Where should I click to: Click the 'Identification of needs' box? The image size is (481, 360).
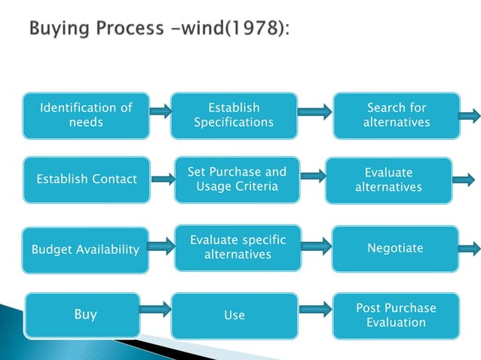tap(85, 115)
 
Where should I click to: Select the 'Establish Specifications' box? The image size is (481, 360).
tap(234, 115)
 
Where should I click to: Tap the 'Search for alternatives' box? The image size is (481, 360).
tap(397, 115)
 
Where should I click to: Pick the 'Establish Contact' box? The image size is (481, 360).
tap(87, 179)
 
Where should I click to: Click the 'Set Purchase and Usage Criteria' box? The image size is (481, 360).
tap(237, 179)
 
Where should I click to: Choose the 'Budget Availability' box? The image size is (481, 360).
tap(85, 249)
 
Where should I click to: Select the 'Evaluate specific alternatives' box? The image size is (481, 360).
tap(237, 248)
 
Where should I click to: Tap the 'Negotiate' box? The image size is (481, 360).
tap(395, 248)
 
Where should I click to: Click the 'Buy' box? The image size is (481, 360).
tap(85, 314)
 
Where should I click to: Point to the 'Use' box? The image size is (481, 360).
tap(234, 315)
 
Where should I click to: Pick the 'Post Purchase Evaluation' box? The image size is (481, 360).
tap(396, 315)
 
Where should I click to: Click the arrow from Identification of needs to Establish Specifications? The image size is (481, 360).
tap(161, 112)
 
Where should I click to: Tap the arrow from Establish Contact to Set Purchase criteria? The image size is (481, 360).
tap(162, 179)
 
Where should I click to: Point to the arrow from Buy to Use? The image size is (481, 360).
tap(156, 308)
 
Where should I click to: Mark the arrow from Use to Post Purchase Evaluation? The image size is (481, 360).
tap(315, 308)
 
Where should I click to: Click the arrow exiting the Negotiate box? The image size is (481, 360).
tap(468, 249)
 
